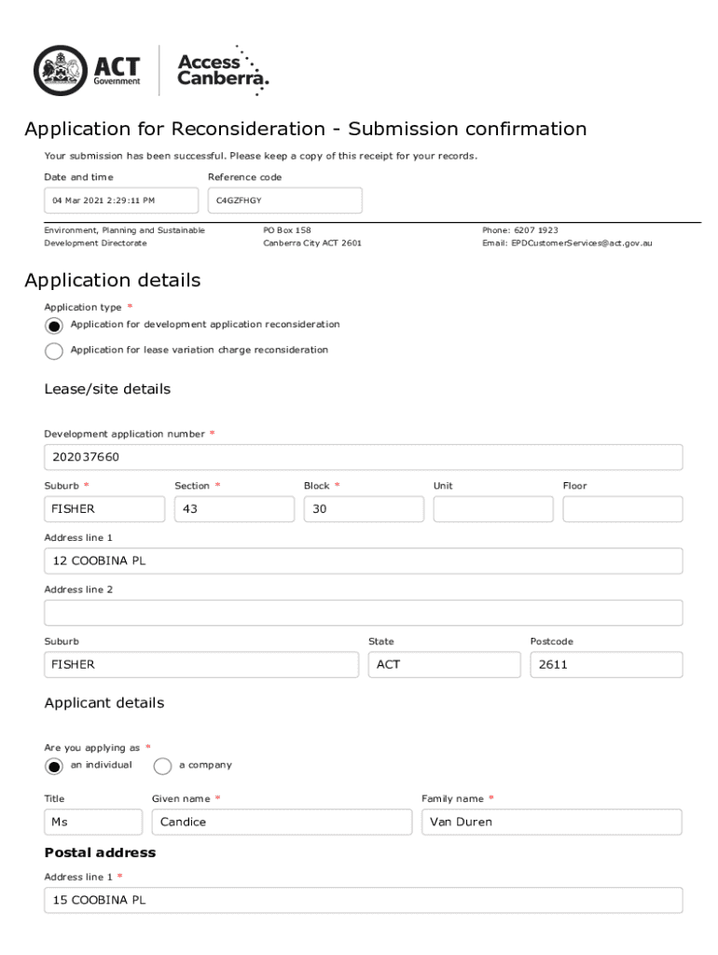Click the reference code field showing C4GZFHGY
[284, 201]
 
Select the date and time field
[121, 201]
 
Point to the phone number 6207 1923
[535, 230]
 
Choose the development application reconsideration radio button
[54, 325]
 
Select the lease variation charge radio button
[54, 351]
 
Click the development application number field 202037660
[363, 458]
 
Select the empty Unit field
[492, 509]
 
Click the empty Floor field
[622, 509]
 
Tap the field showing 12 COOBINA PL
[363, 561]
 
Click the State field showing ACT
[444, 665]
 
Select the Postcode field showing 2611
[606, 665]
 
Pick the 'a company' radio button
[162, 766]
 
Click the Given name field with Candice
[282, 823]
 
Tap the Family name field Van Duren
[551, 823]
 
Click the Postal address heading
[100, 853]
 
